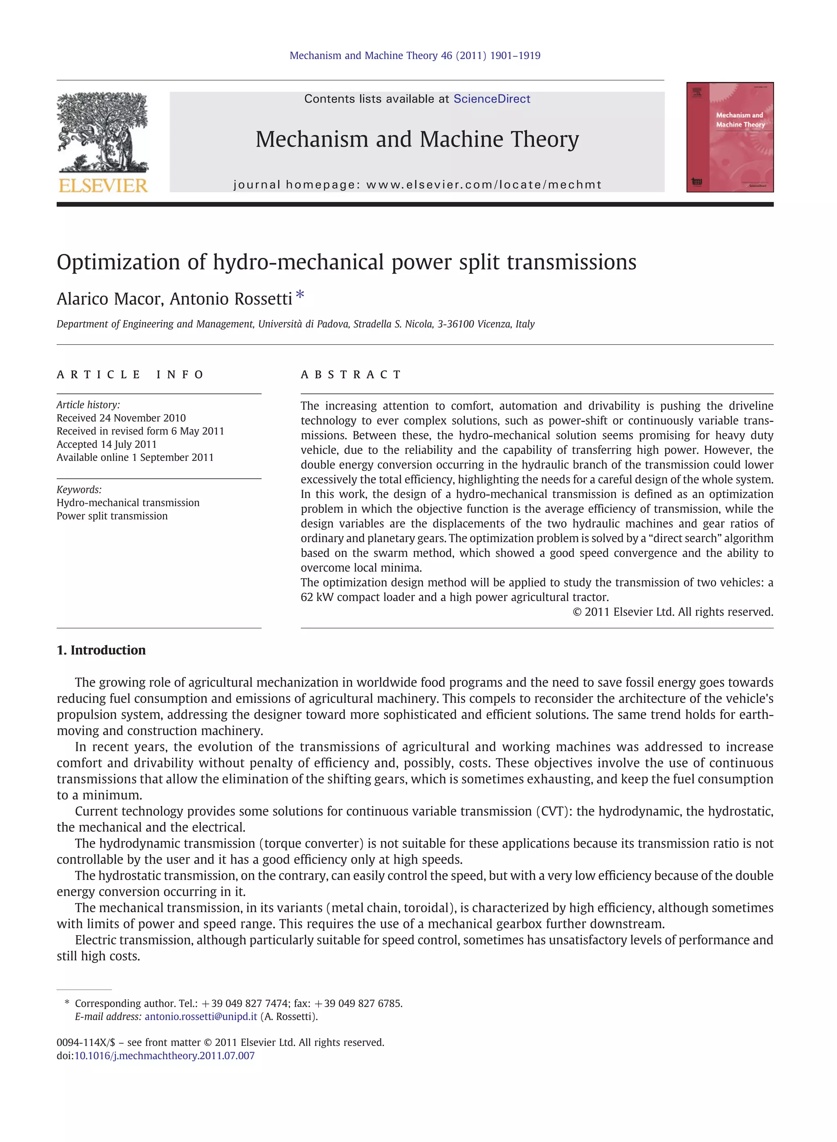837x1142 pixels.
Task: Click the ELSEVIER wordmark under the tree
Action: (x=103, y=186)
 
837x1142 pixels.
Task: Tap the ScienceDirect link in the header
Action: (x=492, y=99)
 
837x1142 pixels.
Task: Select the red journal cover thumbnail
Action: (x=730, y=137)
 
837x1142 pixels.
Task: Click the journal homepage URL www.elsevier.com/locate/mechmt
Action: (x=484, y=184)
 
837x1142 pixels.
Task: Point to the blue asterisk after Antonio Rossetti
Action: (x=300, y=294)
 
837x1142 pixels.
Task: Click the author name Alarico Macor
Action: (x=110, y=299)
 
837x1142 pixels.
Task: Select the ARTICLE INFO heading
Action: (x=130, y=375)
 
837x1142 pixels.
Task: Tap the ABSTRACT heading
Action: (x=351, y=375)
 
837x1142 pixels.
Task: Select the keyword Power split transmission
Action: (x=112, y=516)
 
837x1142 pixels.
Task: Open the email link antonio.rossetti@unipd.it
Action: (x=201, y=1016)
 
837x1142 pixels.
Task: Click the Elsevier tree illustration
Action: (x=103, y=133)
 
